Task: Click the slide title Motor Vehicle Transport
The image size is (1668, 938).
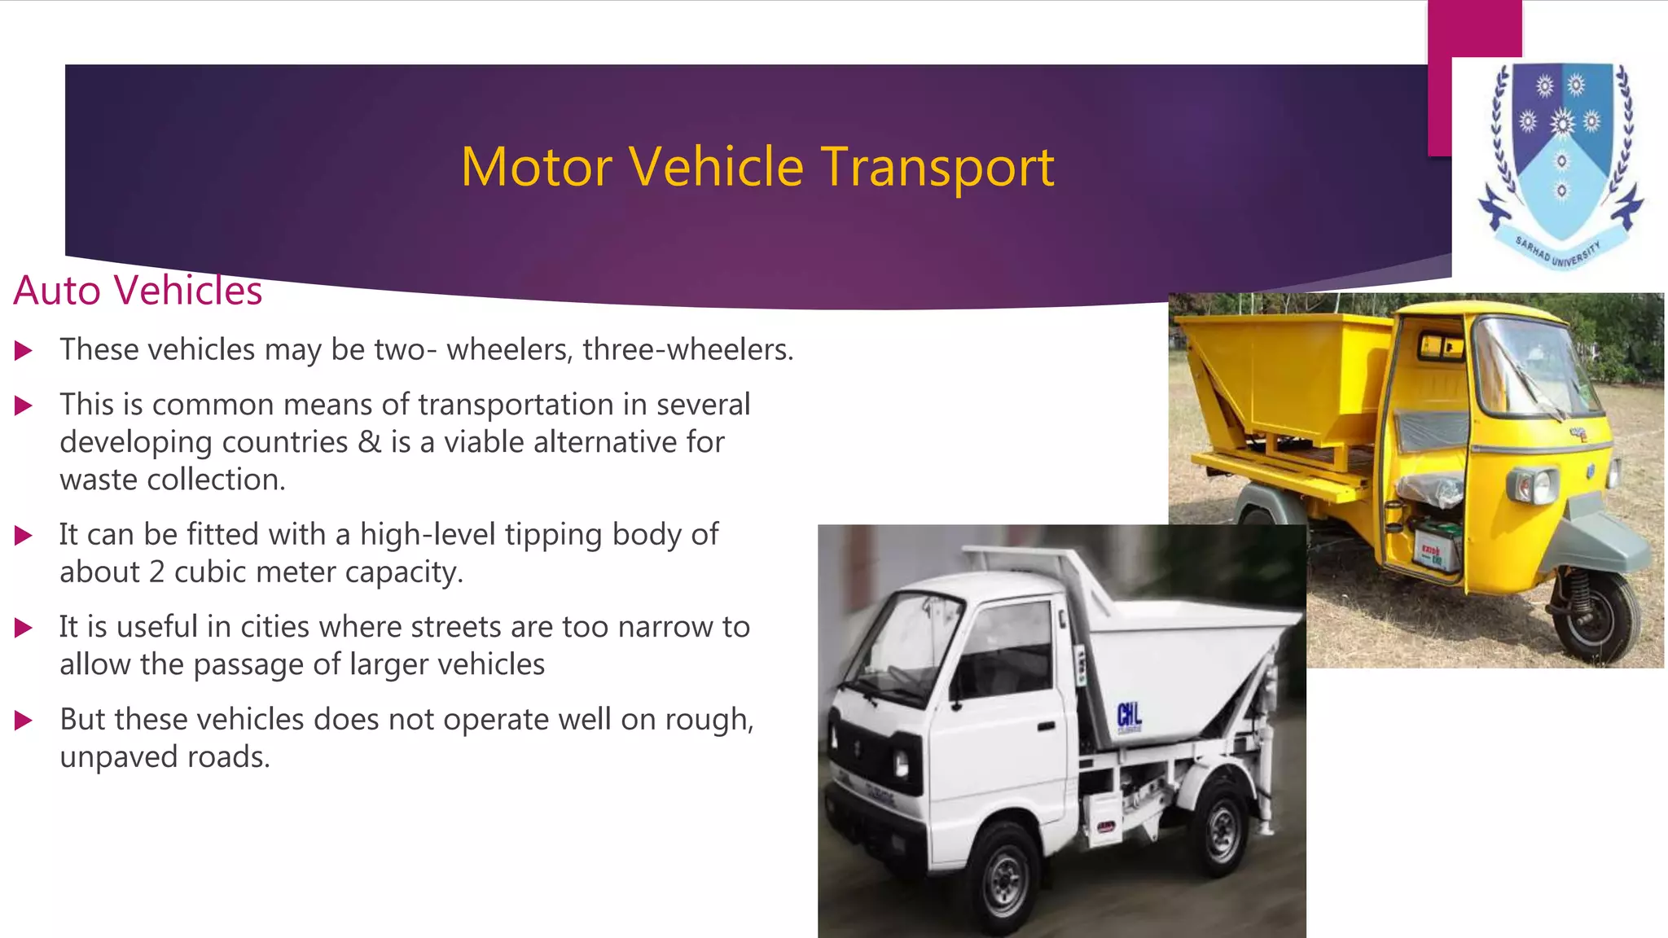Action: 757,167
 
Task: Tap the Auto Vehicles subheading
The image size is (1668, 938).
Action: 138,291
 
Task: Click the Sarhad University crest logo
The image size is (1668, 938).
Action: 1560,163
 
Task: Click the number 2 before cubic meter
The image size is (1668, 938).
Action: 156,572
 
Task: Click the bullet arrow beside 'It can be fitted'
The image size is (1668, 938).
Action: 24,536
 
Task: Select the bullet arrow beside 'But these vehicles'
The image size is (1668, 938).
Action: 24,721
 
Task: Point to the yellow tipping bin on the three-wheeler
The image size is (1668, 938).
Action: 1287,375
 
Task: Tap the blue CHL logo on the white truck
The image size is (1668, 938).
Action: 1129,716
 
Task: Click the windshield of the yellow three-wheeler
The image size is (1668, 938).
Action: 1531,366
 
